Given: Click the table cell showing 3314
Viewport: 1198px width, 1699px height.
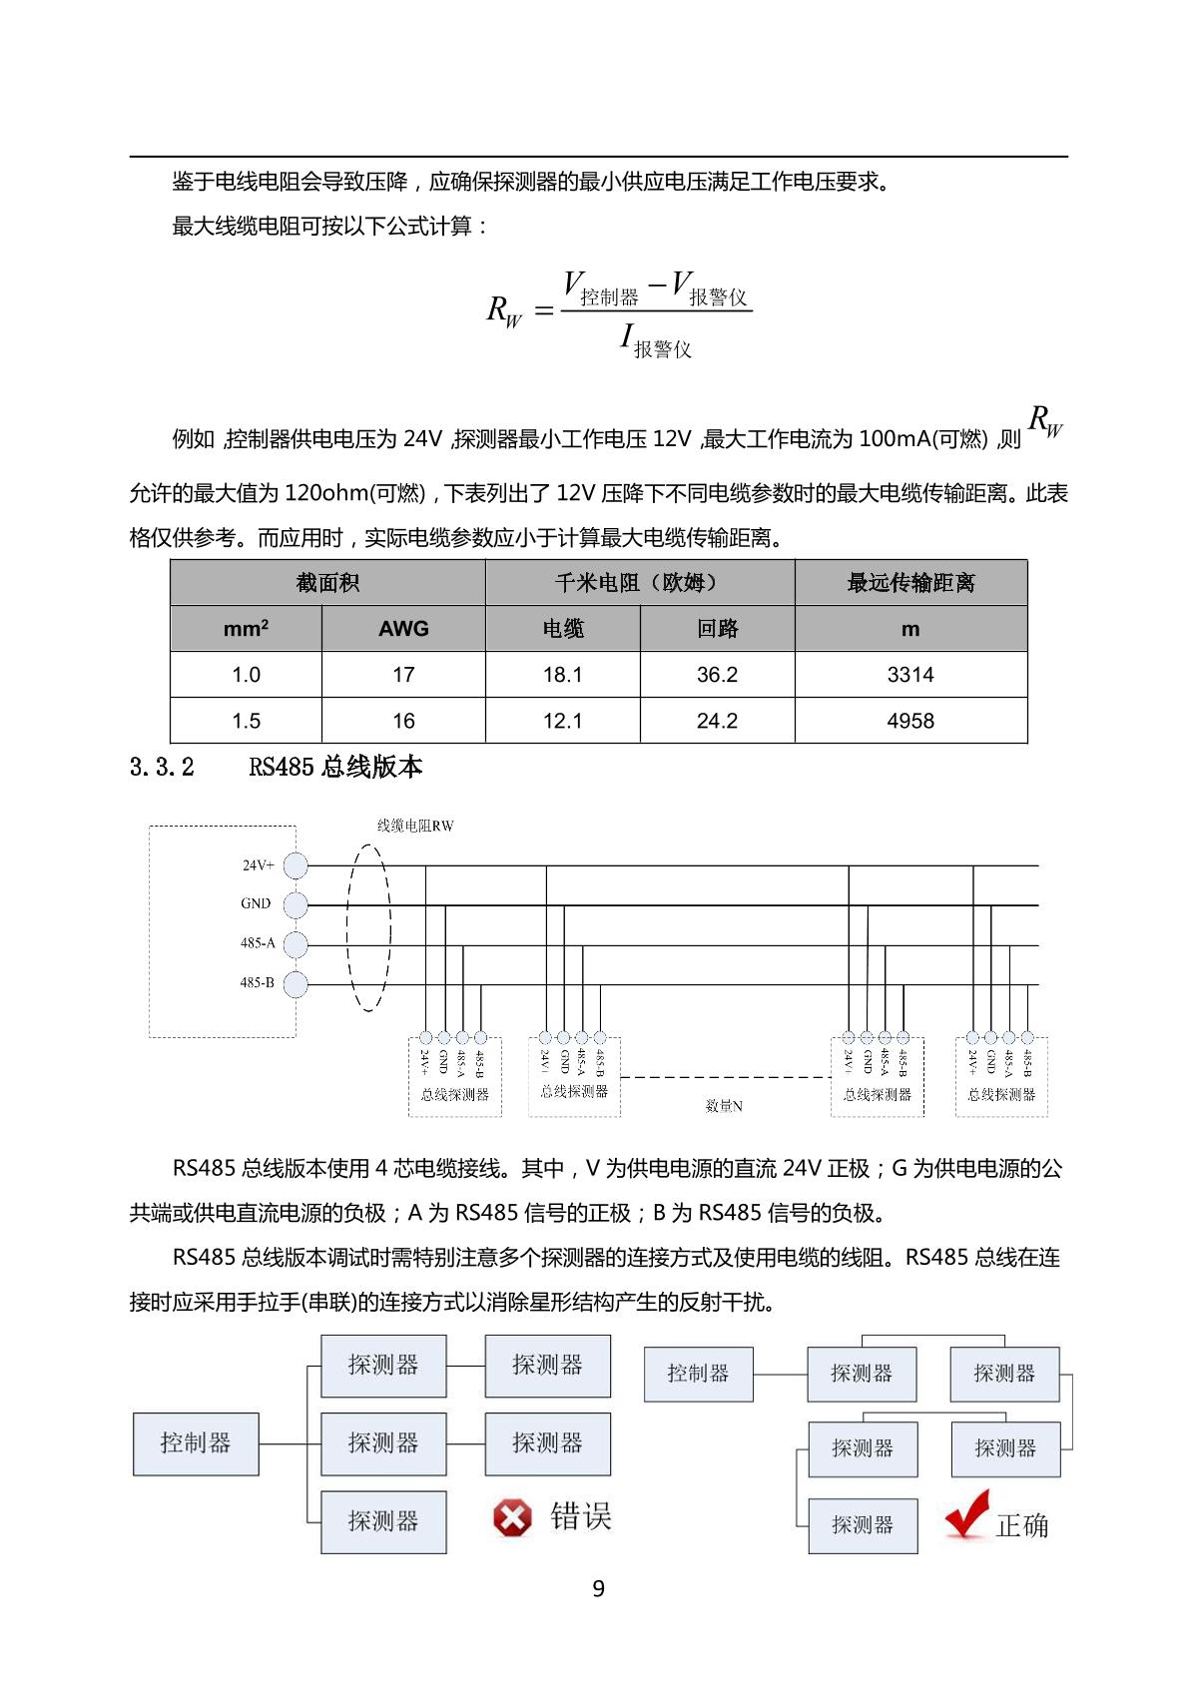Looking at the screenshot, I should coord(909,675).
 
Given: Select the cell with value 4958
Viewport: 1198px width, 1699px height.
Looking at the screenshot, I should coord(909,721).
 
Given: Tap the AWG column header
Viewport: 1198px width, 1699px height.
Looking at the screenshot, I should coord(403,629).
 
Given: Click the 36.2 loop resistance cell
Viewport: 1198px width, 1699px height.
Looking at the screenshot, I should coord(717,675).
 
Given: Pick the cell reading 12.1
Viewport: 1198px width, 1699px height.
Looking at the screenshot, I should coord(562,721).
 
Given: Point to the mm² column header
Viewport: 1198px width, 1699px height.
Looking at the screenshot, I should coord(246,629).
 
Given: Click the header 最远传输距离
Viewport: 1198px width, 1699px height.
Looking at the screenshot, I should coord(910,583).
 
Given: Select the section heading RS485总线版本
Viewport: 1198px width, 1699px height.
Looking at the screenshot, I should coord(335,767).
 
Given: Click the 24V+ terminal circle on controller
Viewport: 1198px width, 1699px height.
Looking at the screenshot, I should coord(296,865).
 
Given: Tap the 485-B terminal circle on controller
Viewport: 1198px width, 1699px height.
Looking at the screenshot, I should coord(296,984).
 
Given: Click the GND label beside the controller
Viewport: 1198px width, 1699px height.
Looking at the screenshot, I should coord(256,903).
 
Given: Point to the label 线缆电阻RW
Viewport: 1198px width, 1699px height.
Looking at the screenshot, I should coord(415,826).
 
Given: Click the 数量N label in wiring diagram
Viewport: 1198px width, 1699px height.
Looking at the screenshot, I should coord(724,1106).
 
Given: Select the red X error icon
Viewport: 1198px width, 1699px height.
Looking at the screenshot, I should coord(512,1518).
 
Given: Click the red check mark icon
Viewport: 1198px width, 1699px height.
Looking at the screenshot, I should coord(966,1514).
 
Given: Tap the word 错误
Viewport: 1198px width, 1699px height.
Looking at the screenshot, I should coord(580,1517).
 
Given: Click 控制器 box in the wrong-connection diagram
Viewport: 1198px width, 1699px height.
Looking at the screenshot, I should coord(196,1443).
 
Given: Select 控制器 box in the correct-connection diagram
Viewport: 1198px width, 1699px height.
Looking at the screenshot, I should coord(698,1374).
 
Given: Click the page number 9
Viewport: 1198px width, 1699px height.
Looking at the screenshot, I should coord(598,1588).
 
